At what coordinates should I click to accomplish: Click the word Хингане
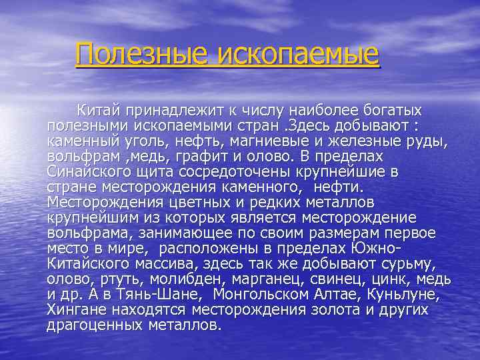pos(75,310)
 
